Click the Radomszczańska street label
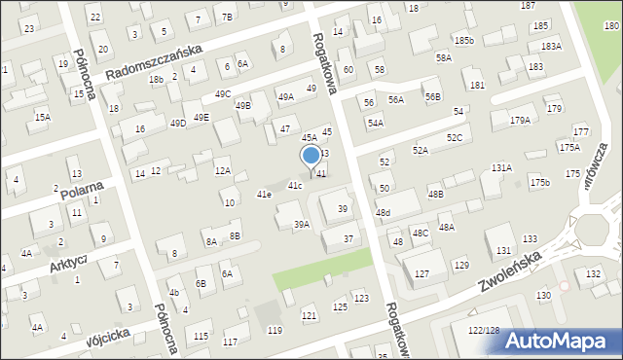pyautogui.click(x=153, y=60)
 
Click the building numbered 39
pyautogui.click(x=342, y=209)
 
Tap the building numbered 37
pyautogui.click(x=348, y=238)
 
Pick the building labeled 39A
pyautogui.click(x=302, y=224)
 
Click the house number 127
pyautogui.click(x=421, y=274)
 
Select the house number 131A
pyautogui.click(x=501, y=167)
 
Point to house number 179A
pyautogui.click(x=519, y=121)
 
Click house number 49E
pyautogui.click(x=201, y=118)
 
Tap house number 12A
pyautogui.click(x=223, y=171)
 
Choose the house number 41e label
pyautogui.click(x=263, y=195)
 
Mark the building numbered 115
pyautogui.click(x=201, y=337)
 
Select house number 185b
pyautogui.click(x=463, y=40)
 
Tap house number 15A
pyautogui.click(x=42, y=117)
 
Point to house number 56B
pyautogui.click(x=432, y=97)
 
